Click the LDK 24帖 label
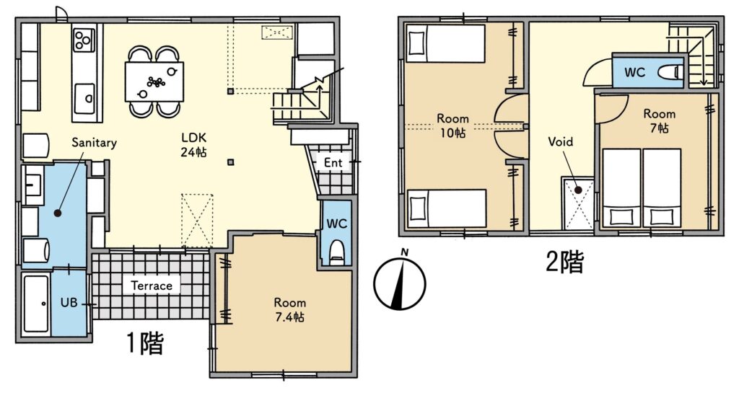193,144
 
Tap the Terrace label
152,286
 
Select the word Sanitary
94,143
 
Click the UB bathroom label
69,302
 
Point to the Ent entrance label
333,163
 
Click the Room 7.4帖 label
290,309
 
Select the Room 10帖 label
452,125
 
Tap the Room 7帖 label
660,120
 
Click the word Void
560,141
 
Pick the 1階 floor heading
145,343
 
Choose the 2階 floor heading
564,262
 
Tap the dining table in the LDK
154,81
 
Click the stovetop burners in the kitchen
84,39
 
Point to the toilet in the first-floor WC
336,252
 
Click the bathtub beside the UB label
36,304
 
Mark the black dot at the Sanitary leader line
58,213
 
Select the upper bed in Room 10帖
445,44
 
